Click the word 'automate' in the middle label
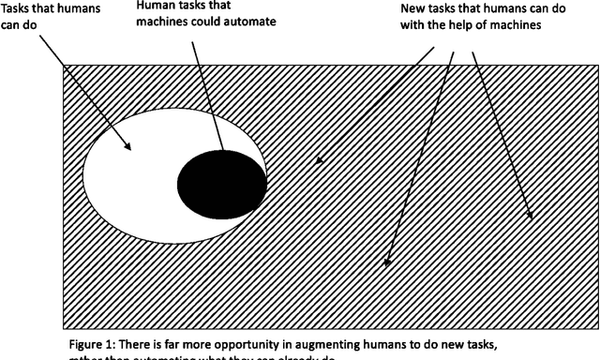[247, 22]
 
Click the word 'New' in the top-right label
[401, 7]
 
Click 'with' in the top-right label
[401, 25]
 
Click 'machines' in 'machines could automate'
[160, 22]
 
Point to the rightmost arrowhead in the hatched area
[531, 217]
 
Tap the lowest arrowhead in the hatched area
[386, 263]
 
